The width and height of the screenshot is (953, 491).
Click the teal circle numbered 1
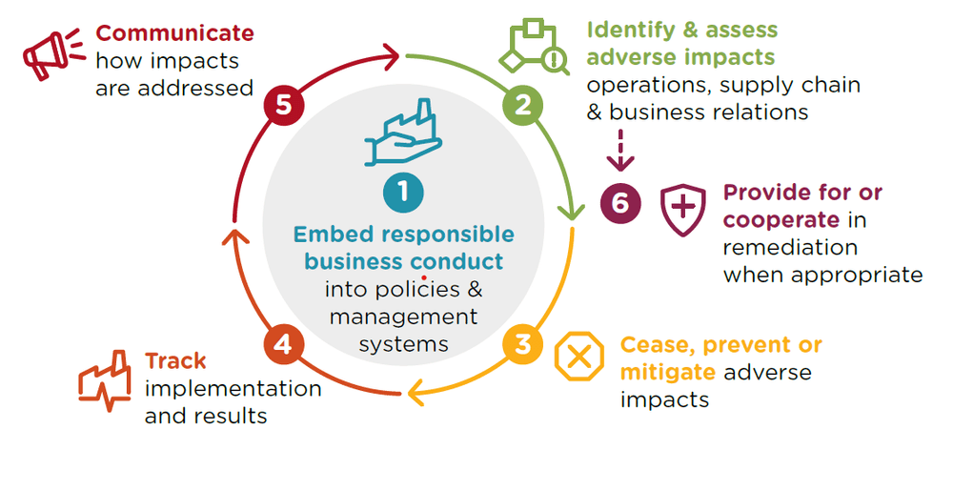coord(403,193)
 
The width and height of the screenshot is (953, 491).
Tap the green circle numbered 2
coord(522,103)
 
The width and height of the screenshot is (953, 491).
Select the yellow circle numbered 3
coord(522,341)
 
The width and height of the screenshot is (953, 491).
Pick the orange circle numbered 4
coord(282,342)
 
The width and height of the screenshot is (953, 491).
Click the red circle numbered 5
coord(283,104)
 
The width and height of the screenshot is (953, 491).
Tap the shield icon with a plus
coord(682,209)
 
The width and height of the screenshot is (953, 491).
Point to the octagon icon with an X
coord(578,358)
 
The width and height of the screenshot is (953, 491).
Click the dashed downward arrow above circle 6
coord(620,153)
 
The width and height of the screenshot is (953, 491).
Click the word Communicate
coord(175,33)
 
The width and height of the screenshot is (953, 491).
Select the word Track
coord(175,361)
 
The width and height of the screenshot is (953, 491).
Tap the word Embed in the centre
coord(326,235)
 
